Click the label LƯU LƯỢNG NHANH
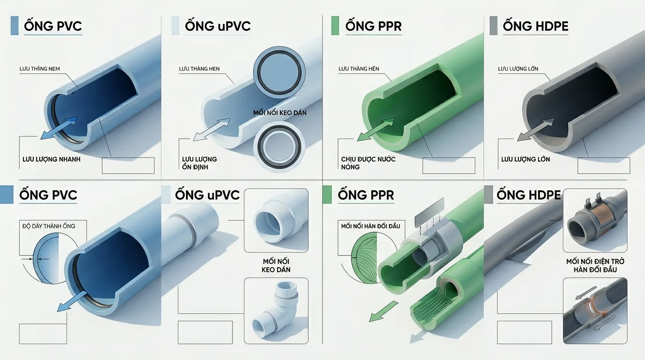[52, 159]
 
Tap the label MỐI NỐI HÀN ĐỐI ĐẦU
[371, 226]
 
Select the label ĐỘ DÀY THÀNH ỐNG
[49, 226]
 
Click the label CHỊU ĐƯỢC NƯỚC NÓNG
[368, 163]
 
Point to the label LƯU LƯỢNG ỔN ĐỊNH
[199, 163]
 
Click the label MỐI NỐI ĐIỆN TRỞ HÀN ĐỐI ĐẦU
[595, 265]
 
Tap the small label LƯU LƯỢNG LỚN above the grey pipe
[518, 69]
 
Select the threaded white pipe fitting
[274, 220]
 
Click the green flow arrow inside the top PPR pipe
[376, 129]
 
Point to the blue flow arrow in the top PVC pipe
[59, 128]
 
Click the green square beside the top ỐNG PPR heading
[335, 26]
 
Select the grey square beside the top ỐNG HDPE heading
[494, 26]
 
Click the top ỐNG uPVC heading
[217, 26]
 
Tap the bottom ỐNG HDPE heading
[529, 195]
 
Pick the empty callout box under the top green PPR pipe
[449, 165]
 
